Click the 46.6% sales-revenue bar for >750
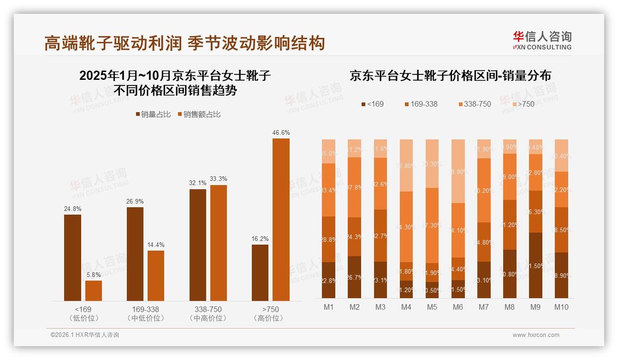(281, 220)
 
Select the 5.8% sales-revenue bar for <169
(94, 291)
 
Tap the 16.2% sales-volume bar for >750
(260, 273)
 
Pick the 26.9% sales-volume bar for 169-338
(135, 254)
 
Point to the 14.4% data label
(155, 245)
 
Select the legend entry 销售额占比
(199, 114)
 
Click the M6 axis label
(458, 307)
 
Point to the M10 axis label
(561, 307)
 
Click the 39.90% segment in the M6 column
(458, 171)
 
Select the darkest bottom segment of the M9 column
(535, 265)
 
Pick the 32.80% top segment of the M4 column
(406, 165)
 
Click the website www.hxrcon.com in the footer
(536, 335)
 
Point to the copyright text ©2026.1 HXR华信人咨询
(85, 335)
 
